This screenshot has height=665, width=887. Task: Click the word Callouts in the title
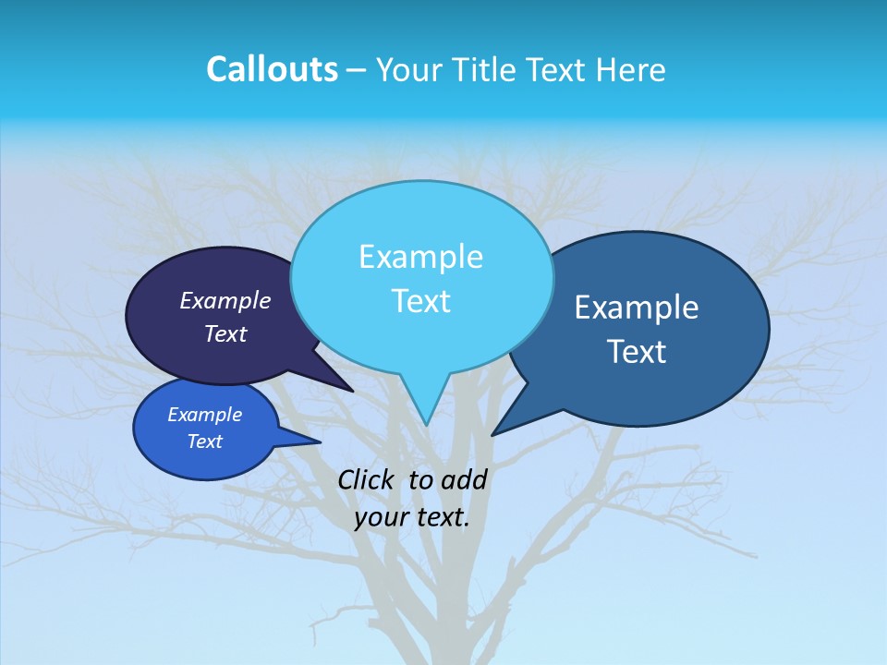[272, 69]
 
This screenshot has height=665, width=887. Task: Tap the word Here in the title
[631, 69]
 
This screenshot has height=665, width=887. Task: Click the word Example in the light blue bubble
[420, 257]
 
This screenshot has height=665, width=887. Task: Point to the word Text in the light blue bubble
[420, 301]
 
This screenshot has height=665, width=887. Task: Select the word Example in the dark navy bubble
[225, 300]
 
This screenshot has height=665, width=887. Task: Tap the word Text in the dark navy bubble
[225, 333]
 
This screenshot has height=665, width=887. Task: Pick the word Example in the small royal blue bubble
[205, 415]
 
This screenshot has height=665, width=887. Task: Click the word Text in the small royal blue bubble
[205, 441]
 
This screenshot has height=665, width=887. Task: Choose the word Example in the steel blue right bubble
[637, 308]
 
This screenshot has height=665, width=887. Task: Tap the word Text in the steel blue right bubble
[637, 352]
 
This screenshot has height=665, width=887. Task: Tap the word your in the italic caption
[382, 517]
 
